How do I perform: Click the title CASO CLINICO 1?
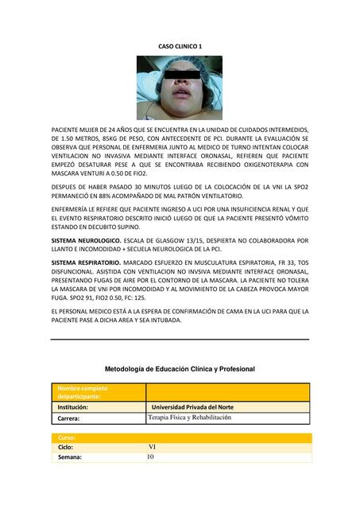coord(180,47)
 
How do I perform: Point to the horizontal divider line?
coord(180,340)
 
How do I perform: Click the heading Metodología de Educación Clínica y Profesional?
coord(180,369)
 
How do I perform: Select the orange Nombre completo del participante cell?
coord(98,392)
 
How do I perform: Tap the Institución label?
coord(73,406)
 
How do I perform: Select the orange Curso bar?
coord(180,437)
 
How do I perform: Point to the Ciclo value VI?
coord(152,447)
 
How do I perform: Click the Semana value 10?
coord(151,457)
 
